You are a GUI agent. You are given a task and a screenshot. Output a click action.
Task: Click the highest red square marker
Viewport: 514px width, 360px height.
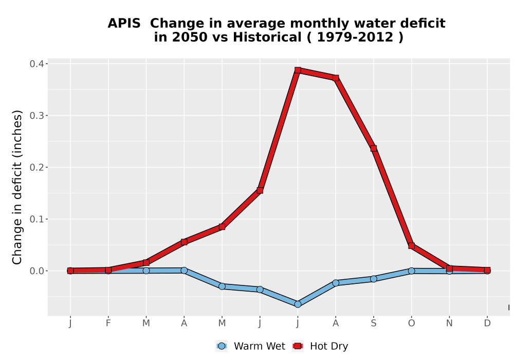tap(298, 70)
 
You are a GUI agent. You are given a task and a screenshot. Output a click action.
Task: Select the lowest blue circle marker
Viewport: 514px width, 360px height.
tap(298, 304)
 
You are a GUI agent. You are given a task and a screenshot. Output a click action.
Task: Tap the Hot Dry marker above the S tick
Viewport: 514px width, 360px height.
tap(373, 149)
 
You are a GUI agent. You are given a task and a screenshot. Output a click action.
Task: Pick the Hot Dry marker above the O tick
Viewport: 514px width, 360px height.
tap(411, 246)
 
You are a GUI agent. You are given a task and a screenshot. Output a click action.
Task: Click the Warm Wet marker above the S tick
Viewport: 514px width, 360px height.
tap(373, 279)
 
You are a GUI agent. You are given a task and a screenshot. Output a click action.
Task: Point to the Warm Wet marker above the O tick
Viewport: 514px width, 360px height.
tap(411, 271)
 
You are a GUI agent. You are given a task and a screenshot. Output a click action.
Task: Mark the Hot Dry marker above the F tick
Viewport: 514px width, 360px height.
tap(108, 270)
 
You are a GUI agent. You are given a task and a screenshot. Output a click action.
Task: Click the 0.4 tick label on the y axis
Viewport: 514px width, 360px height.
tap(36, 64)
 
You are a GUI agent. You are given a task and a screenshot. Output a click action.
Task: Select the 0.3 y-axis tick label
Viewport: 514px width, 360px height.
tap(36, 115)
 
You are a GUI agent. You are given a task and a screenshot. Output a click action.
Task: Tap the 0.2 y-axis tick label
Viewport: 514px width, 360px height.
tap(36, 167)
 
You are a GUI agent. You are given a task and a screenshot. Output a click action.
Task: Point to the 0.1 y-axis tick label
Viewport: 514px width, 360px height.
tap(36, 219)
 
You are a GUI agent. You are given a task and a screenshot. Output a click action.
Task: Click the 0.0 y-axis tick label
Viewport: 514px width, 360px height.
tap(36, 271)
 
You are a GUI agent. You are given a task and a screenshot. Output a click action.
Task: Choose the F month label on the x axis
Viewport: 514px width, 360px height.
tap(108, 323)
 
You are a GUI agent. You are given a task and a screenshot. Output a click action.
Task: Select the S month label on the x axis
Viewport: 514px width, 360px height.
tap(373, 323)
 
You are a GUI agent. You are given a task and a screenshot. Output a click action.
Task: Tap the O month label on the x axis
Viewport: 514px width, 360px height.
tap(411, 323)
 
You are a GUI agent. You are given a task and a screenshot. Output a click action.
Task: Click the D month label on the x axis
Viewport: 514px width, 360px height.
tap(487, 323)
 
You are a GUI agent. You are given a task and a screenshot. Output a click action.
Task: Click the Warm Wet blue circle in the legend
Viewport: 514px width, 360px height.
tap(222, 346)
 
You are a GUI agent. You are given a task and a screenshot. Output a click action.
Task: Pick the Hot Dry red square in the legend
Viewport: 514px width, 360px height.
tap(298, 346)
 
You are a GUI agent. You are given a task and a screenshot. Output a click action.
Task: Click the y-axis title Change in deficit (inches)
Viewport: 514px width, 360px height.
tap(17, 187)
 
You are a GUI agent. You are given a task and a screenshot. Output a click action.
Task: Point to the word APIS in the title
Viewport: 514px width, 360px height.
tap(124, 24)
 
